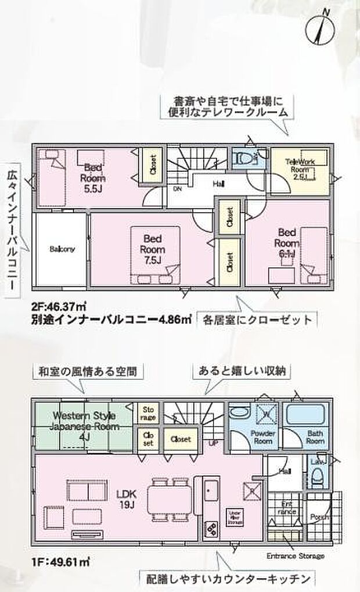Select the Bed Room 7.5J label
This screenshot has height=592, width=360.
pos(152,247)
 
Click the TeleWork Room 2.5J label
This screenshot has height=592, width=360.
pos(300,169)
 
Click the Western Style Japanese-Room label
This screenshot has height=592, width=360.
pos(85,426)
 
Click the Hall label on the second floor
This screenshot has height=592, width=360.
pos(218,184)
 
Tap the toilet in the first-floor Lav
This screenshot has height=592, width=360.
pos(316,480)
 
